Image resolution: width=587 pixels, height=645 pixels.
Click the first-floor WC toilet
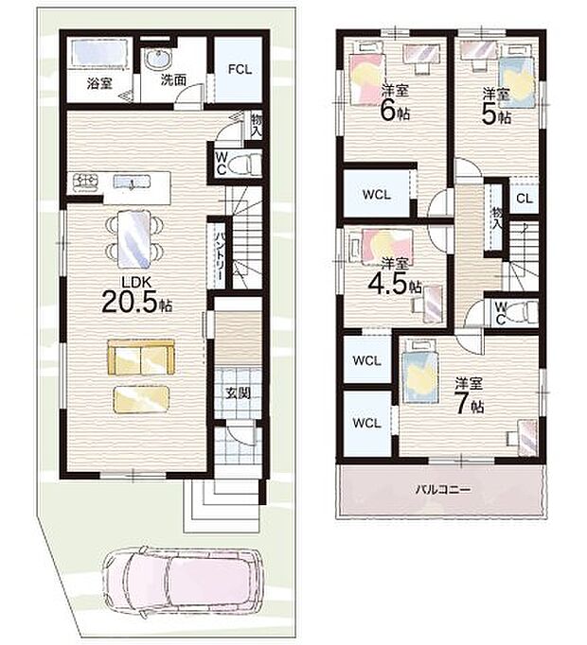[245, 164]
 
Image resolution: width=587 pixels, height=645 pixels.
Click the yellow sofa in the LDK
[140, 358]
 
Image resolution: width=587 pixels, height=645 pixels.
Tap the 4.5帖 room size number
[389, 282]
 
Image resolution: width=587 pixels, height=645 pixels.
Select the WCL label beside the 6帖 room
[374, 195]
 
